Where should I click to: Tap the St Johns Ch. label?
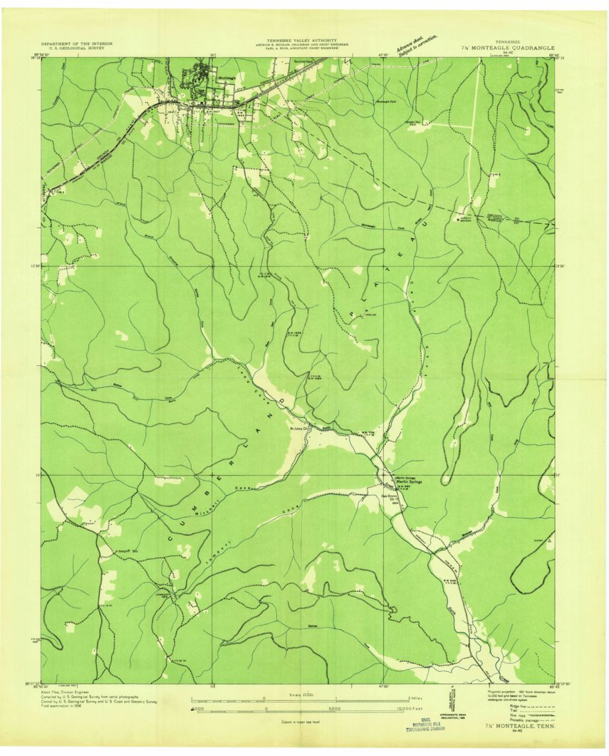tap(300, 429)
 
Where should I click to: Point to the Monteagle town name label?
tap(227, 77)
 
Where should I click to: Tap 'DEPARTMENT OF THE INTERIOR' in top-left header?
tap(73, 44)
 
